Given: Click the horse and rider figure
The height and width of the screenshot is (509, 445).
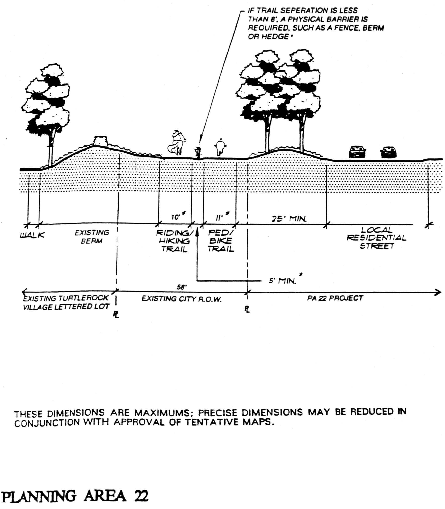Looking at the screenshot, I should click(x=177, y=143).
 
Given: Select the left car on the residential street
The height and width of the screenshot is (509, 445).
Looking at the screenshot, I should click(x=357, y=152).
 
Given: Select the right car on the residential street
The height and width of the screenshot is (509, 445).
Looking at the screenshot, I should click(x=388, y=152).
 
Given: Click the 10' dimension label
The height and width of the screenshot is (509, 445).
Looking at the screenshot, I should click(x=176, y=217).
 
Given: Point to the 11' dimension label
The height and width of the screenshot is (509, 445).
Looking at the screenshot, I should click(x=219, y=218).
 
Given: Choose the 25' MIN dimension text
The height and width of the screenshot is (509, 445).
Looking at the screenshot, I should click(x=289, y=219).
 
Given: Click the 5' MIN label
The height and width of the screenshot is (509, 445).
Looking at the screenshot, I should click(x=282, y=281).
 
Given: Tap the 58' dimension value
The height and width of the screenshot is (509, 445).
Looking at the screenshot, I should click(x=182, y=287).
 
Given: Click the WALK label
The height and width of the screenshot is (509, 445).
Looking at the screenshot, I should click(x=32, y=235).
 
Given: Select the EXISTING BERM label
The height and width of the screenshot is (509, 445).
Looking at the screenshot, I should click(x=92, y=236).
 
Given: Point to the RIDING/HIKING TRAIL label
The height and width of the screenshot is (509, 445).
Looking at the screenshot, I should click(x=174, y=241).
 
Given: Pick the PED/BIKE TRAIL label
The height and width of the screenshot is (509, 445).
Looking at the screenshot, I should click(x=221, y=240).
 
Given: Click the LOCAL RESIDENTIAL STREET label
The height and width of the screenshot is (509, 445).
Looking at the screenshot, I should click(x=376, y=238).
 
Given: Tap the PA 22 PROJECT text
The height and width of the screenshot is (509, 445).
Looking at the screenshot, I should click(x=335, y=298).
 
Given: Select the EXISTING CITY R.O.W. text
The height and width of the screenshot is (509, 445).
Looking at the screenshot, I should click(x=181, y=299).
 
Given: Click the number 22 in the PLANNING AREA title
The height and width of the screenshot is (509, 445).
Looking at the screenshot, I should click(x=141, y=496).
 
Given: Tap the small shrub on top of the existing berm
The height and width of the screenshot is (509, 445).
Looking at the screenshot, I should click(x=100, y=141).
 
